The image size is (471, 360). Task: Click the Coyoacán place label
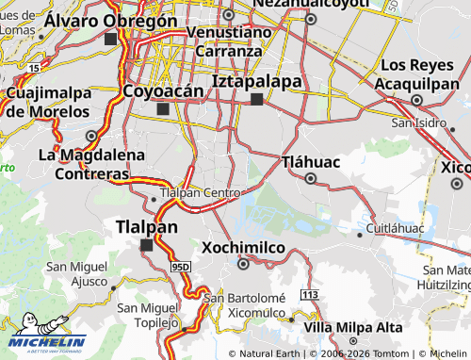point(163,91)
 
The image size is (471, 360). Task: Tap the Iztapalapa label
point(257,81)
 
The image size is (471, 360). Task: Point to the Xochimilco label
point(243,247)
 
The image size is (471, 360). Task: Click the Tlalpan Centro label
point(202,192)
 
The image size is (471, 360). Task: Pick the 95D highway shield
point(182,268)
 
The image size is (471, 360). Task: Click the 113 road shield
point(309,295)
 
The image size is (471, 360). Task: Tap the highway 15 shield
point(34,69)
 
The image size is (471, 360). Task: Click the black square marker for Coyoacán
point(163,109)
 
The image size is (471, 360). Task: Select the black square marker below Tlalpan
point(146,245)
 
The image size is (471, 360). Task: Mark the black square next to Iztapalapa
point(257,99)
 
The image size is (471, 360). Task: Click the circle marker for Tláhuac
point(310,178)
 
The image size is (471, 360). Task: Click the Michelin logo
point(47,343)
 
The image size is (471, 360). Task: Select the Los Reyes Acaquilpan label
point(420,74)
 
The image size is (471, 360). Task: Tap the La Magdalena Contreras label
point(91,164)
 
